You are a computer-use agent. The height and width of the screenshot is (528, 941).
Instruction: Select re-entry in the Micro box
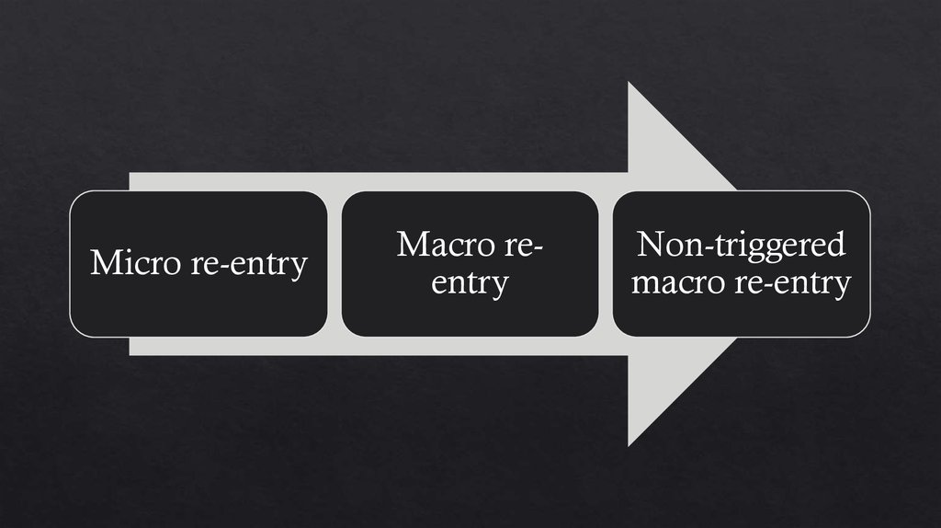249,265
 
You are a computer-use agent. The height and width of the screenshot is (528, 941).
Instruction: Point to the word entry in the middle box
470,283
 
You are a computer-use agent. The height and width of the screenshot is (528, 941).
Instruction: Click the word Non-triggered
741,245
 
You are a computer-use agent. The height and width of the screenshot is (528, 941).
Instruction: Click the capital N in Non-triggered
651,245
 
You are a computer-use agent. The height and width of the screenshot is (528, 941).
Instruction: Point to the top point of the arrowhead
629,83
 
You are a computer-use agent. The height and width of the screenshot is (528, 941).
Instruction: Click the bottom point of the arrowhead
629,445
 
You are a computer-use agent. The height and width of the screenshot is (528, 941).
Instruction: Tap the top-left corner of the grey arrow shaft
130,173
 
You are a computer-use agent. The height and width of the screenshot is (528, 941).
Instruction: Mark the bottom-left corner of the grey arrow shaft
130,354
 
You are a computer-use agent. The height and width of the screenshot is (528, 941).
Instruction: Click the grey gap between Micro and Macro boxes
334,264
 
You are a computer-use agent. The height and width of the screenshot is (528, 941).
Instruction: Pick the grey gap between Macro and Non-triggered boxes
606,264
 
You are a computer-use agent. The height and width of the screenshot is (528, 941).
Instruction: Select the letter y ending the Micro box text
300,268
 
